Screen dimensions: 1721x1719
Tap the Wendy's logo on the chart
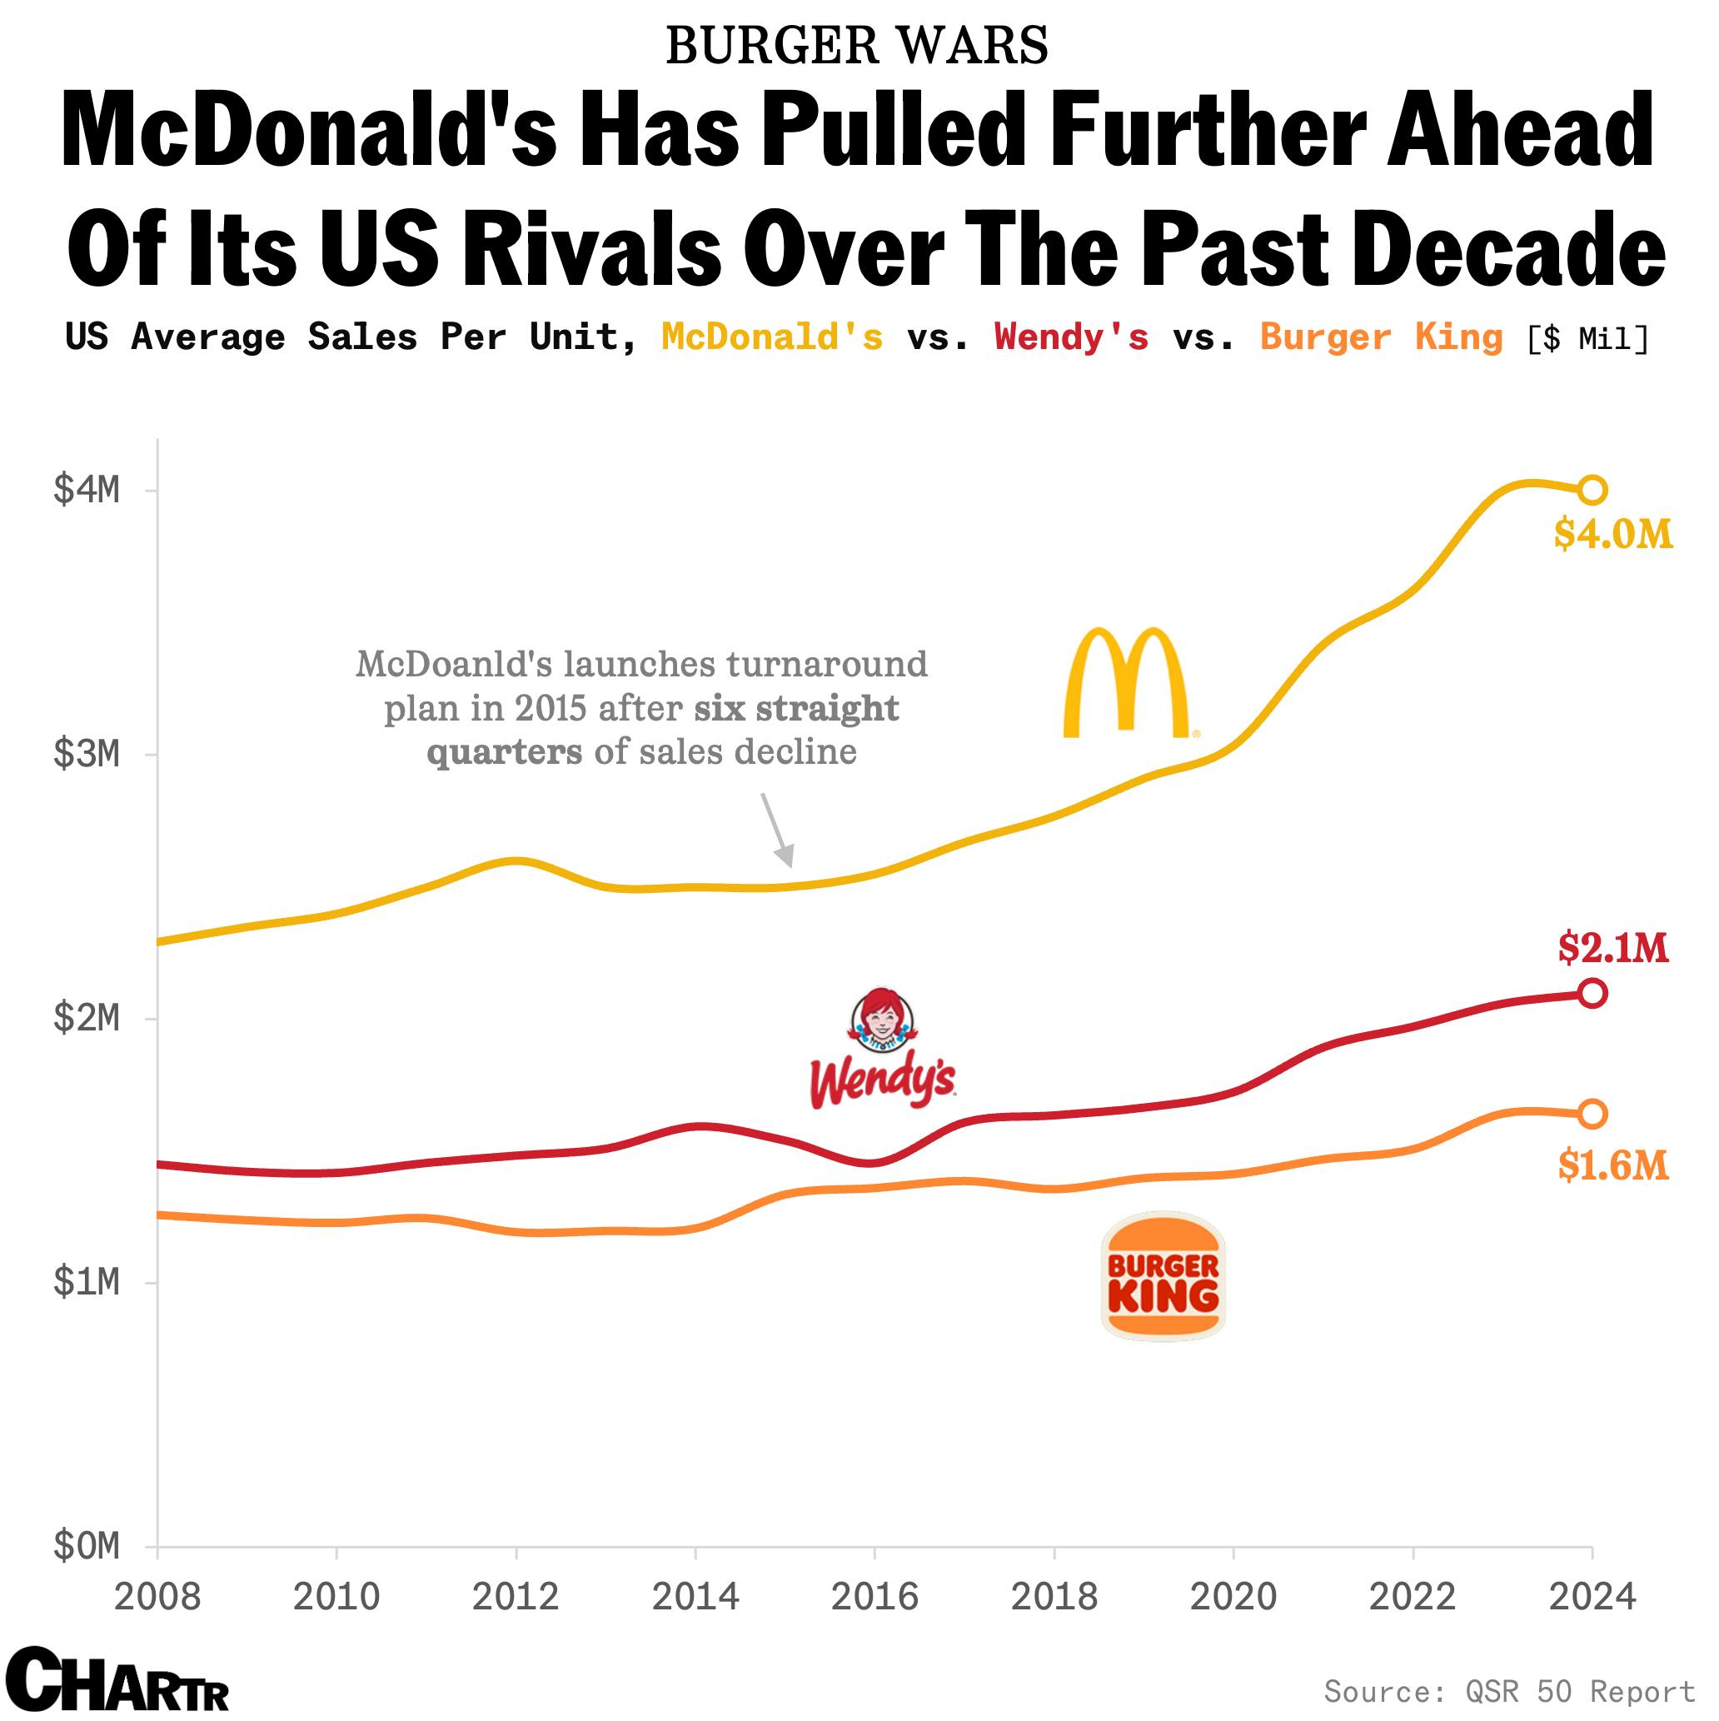[882, 1049]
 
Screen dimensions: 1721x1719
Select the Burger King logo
[1163, 1275]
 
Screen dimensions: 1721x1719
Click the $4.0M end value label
[1613, 535]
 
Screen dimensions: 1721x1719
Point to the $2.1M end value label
[1613, 948]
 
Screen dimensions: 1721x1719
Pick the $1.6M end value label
[1613, 1165]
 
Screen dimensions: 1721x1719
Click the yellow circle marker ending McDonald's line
[1592, 490]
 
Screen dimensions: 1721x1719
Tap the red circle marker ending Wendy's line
[1592, 993]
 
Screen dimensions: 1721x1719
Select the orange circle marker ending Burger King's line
[1592, 1114]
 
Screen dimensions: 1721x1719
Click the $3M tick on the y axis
[87, 755]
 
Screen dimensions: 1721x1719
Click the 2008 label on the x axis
[157, 1597]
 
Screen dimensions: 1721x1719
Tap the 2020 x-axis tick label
[1233, 1597]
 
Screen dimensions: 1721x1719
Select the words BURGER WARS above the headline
[857, 47]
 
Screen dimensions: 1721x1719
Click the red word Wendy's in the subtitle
[1072, 337]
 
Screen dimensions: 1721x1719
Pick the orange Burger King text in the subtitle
[1381, 337]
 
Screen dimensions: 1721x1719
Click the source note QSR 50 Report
[1509, 1691]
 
